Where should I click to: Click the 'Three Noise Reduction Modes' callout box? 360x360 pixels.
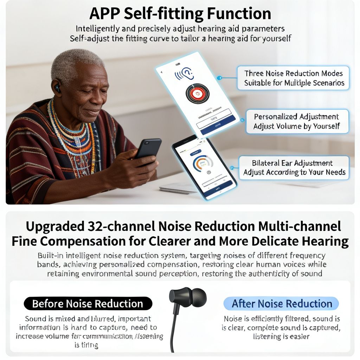tap(293, 78)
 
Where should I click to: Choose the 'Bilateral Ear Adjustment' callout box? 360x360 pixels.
tap(294, 168)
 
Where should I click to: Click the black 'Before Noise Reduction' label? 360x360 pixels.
tap(88, 303)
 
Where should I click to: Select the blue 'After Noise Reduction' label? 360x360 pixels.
tap(282, 303)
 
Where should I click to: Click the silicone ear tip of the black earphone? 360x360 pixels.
tap(199, 296)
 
